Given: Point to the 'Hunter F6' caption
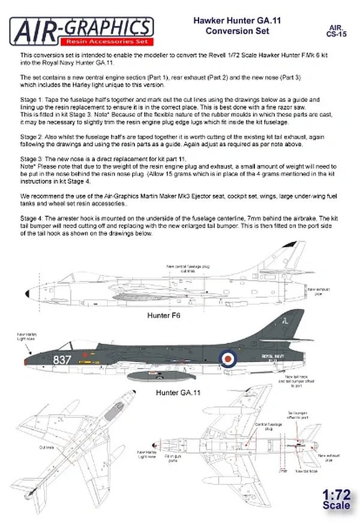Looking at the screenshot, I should pyautogui.click(x=163, y=314).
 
